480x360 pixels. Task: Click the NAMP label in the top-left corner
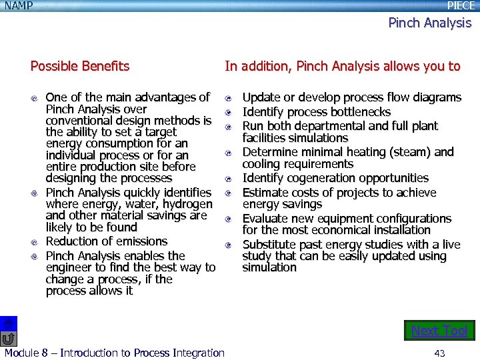pyautogui.click(x=18, y=5)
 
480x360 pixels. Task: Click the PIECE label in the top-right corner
pyautogui.click(x=461, y=5)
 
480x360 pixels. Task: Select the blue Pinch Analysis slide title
pyautogui.click(x=429, y=23)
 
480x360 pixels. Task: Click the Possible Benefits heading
pyautogui.click(x=80, y=66)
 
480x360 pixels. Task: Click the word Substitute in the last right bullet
pyautogui.click(x=270, y=245)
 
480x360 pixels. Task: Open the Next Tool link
pyautogui.click(x=439, y=331)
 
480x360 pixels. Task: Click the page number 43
pyautogui.click(x=439, y=353)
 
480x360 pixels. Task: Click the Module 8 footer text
pyautogui.click(x=114, y=353)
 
